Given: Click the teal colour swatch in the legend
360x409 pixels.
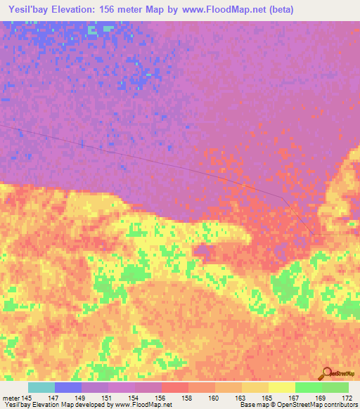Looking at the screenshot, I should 41,387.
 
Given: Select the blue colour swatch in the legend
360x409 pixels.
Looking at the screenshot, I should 67,387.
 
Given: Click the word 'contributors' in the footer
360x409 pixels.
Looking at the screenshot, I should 341,405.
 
